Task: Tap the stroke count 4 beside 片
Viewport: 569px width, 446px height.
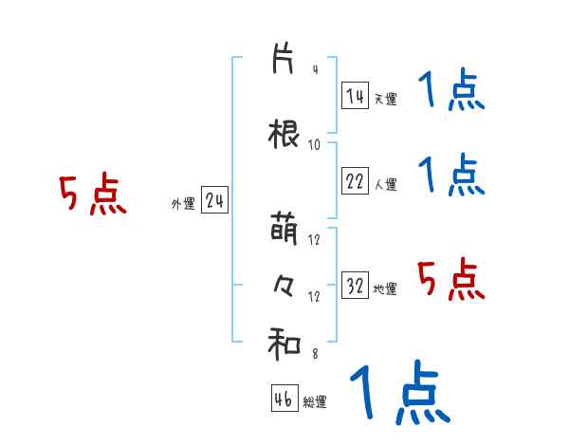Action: pyautogui.click(x=315, y=70)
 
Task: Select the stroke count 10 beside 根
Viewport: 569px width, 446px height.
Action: pyautogui.click(x=315, y=144)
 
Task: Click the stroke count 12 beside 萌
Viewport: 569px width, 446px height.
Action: pyautogui.click(x=315, y=240)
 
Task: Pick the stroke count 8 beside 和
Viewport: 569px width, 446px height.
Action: pyautogui.click(x=315, y=354)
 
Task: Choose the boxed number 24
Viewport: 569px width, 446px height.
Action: pyautogui.click(x=215, y=200)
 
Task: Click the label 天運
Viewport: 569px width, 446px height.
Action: pyautogui.click(x=385, y=99)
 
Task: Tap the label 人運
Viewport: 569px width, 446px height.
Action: pyautogui.click(x=385, y=184)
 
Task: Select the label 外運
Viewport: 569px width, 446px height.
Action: pyautogui.click(x=182, y=203)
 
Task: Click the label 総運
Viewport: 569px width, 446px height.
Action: pyautogui.click(x=315, y=401)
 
